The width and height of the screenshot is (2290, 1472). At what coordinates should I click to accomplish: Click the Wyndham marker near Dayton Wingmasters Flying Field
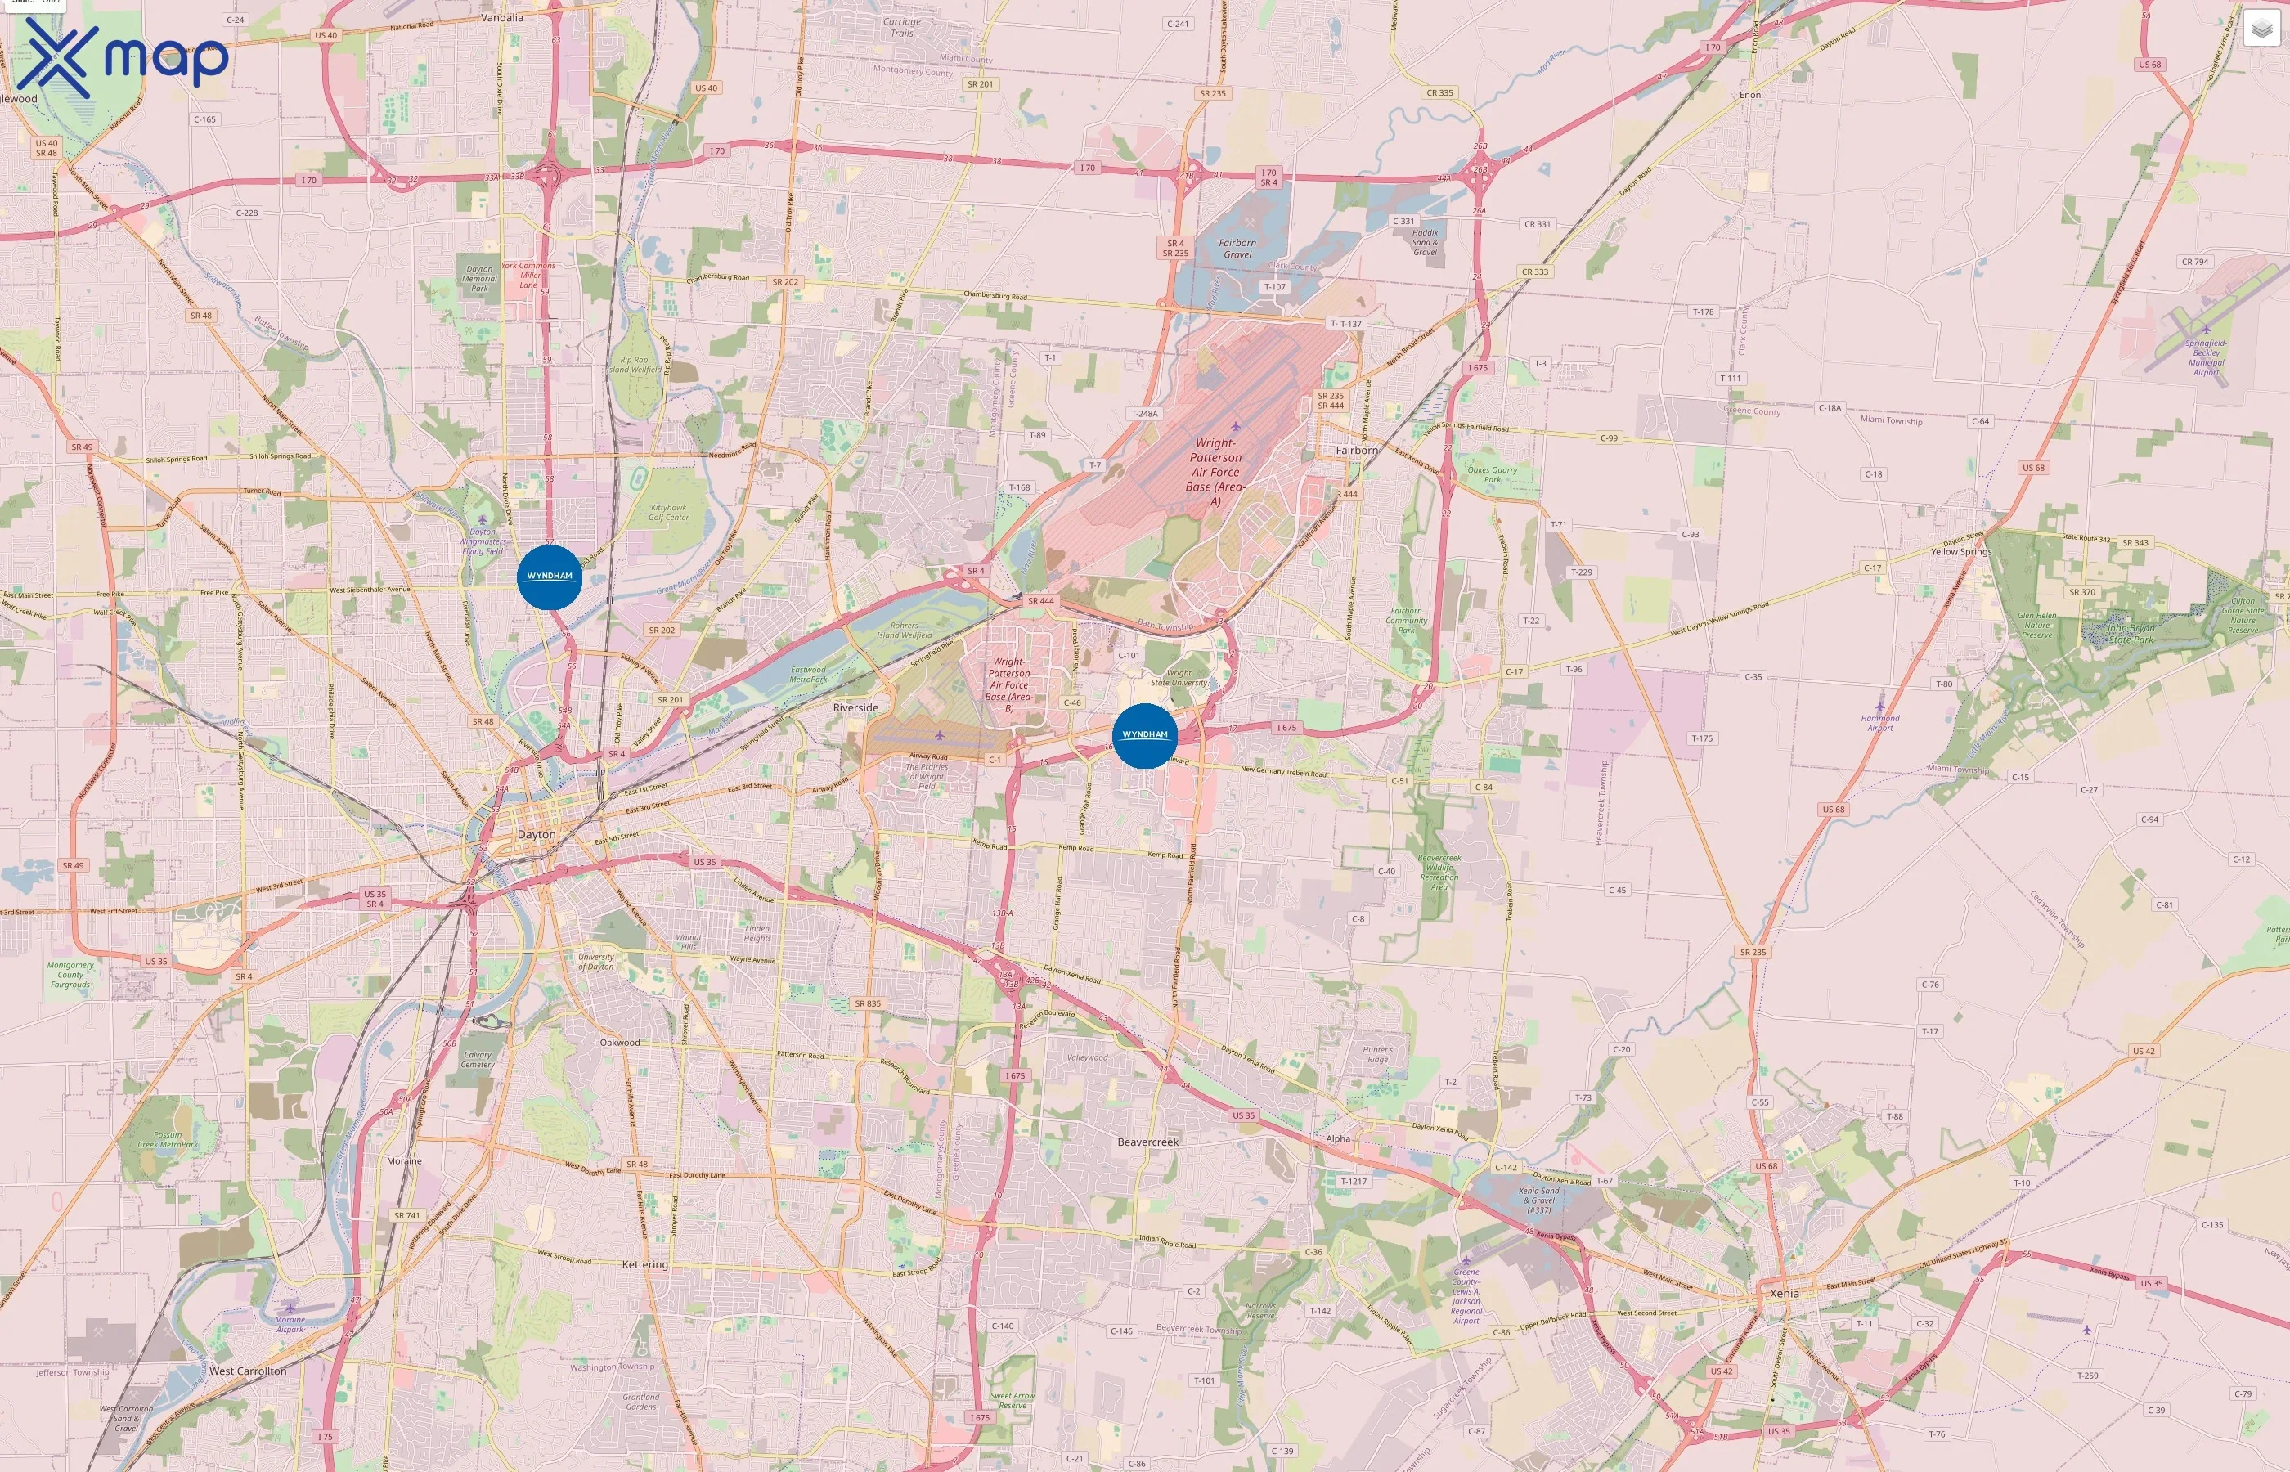click(550, 577)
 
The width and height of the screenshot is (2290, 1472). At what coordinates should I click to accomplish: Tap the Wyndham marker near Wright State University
click(1144, 735)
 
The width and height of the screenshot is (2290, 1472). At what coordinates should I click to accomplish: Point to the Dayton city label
click(537, 834)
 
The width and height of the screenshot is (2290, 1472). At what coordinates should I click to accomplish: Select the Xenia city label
click(1784, 1293)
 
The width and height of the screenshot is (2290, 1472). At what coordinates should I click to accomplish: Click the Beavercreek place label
click(1148, 1142)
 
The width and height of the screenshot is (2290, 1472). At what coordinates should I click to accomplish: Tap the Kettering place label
click(645, 1264)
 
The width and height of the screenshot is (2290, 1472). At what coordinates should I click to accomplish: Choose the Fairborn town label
click(1356, 451)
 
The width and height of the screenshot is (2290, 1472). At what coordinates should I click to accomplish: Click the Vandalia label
click(502, 17)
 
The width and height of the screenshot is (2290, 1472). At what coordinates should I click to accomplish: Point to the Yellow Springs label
click(1961, 551)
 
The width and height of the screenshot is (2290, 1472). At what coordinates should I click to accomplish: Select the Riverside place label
click(855, 708)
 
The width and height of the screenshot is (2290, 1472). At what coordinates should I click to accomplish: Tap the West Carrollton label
click(248, 1371)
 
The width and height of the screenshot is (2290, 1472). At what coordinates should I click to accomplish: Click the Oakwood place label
click(619, 1043)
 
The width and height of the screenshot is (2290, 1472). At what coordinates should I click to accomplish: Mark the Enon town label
click(1750, 95)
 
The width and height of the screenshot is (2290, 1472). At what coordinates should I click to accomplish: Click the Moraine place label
click(404, 1161)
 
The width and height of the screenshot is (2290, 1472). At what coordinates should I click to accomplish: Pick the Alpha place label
click(1338, 1138)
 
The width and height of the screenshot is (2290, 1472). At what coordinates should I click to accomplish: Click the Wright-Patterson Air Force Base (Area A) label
click(1215, 472)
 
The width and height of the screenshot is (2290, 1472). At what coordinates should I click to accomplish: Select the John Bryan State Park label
click(2131, 634)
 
